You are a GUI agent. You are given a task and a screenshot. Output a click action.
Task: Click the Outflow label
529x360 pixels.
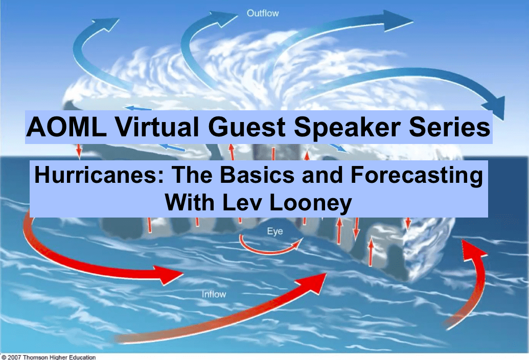coord(263,13)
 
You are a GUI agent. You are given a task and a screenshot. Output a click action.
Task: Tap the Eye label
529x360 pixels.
coord(274,231)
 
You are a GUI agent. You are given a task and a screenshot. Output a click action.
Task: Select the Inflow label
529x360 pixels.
coord(214,294)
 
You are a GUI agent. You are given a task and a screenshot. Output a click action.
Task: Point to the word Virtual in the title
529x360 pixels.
coord(156,127)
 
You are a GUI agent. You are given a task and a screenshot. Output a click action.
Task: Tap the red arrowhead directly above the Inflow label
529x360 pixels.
coord(169,275)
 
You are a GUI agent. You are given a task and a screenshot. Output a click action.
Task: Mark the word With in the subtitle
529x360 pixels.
coord(189,202)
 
